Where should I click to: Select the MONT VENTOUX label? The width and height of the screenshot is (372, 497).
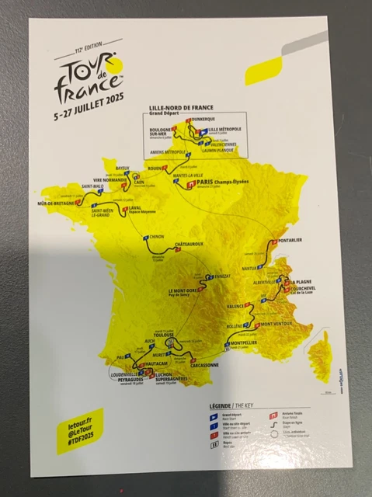[279, 324]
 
